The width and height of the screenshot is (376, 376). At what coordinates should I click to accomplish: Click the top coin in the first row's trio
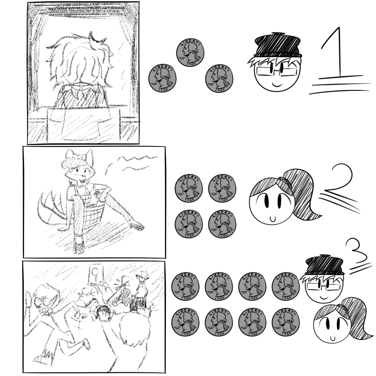pyautogui.click(x=190, y=53)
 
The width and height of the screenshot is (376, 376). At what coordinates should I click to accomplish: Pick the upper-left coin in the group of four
pyautogui.click(x=189, y=188)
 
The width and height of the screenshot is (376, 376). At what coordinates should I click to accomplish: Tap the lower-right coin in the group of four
pyautogui.click(x=222, y=224)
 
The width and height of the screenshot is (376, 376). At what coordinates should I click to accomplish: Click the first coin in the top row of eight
pyautogui.click(x=185, y=286)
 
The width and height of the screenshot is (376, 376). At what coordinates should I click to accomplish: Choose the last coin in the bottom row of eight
pyautogui.click(x=286, y=322)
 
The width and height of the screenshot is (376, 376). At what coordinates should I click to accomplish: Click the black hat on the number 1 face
pyautogui.click(x=278, y=45)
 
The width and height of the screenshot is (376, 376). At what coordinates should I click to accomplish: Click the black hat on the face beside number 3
pyautogui.click(x=324, y=265)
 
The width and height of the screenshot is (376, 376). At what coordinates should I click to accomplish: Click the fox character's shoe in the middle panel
pyautogui.click(x=79, y=247)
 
